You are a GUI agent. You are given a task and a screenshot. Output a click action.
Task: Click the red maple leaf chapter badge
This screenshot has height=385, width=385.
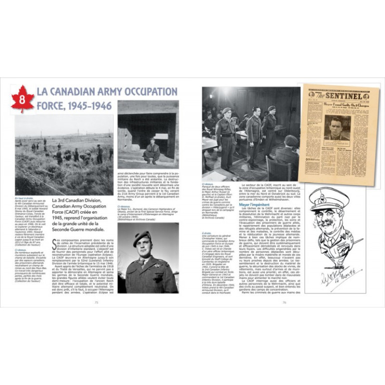(x=22, y=99)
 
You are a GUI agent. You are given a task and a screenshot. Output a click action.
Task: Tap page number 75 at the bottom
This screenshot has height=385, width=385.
(x=96, y=302)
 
